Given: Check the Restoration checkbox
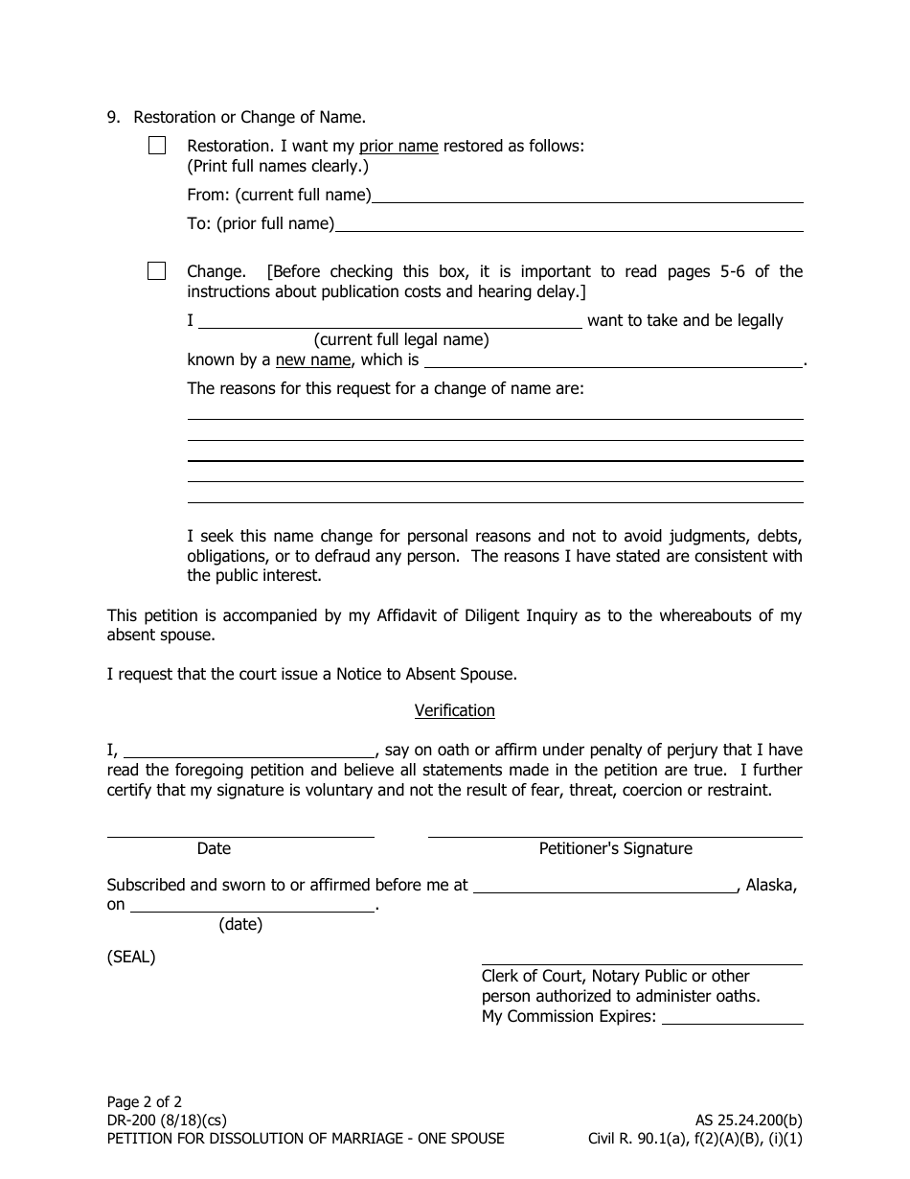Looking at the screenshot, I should (157, 146).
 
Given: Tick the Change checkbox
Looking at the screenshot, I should (157, 271).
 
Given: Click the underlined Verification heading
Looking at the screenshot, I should (454, 710).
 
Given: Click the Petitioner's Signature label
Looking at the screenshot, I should (615, 848).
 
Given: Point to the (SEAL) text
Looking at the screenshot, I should (131, 957).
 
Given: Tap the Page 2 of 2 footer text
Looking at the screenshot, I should (144, 1102).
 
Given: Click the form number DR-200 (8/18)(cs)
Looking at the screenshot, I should (167, 1121).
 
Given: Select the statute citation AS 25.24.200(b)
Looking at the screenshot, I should (749, 1121).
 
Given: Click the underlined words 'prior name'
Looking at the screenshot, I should (398, 147).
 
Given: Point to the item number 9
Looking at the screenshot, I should (113, 117).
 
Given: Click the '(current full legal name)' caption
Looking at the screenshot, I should (401, 339).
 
